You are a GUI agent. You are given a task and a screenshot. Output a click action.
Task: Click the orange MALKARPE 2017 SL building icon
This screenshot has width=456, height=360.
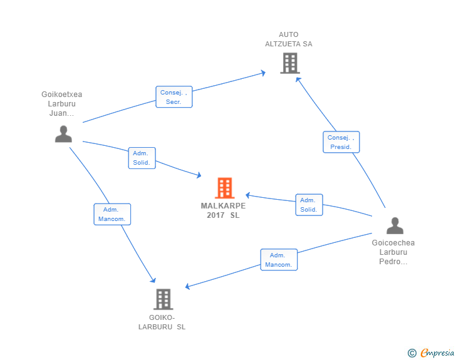pyautogui.click(x=224, y=188)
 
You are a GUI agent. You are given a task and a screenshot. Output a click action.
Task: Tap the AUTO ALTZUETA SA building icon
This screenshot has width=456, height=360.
pyautogui.click(x=289, y=63)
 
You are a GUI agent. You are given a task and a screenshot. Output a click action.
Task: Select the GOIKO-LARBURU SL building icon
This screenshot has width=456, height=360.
pyautogui.click(x=163, y=299)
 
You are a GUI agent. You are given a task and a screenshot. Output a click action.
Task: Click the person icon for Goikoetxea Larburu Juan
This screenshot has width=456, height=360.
pyautogui.click(x=63, y=134)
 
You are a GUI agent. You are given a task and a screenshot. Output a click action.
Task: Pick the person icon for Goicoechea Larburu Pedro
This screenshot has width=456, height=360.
pyautogui.click(x=395, y=225)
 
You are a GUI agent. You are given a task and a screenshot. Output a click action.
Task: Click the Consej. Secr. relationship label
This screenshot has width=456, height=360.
pyautogui.click(x=174, y=97)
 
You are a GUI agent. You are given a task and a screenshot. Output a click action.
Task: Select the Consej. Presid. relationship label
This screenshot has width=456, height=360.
pyautogui.click(x=341, y=142)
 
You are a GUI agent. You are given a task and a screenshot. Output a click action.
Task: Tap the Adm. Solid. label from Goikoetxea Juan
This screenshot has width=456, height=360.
pyautogui.click(x=141, y=158)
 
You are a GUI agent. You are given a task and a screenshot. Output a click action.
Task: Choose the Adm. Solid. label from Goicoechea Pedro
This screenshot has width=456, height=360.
pyautogui.click(x=309, y=205)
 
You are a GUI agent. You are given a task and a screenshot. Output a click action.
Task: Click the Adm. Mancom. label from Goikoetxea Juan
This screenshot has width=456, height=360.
pyautogui.click(x=112, y=214)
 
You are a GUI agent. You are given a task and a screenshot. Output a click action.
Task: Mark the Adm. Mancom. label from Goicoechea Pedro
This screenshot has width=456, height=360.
pyautogui.click(x=279, y=260)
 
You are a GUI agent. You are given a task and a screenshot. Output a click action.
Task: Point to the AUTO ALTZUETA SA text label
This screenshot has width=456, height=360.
pyautogui.click(x=289, y=39)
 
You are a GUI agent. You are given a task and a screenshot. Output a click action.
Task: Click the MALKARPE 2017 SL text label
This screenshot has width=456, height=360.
pyautogui.click(x=223, y=210)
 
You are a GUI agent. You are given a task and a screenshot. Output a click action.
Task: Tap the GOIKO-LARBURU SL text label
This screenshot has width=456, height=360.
pyautogui.click(x=162, y=322)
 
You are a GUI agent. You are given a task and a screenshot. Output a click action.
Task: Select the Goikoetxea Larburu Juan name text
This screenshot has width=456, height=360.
pyautogui.click(x=62, y=104)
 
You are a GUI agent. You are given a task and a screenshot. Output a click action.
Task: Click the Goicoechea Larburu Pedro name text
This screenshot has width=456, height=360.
pyautogui.click(x=393, y=252)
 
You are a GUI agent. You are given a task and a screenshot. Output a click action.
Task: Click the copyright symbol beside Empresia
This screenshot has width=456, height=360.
pyautogui.click(x=412, y=353)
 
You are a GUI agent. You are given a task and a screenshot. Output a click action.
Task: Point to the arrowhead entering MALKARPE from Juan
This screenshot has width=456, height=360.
pyautogui.click(x=198, y=176)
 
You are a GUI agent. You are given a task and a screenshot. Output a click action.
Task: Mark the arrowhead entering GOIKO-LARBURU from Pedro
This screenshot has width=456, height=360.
pyautogui.click(x=189, y=287)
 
